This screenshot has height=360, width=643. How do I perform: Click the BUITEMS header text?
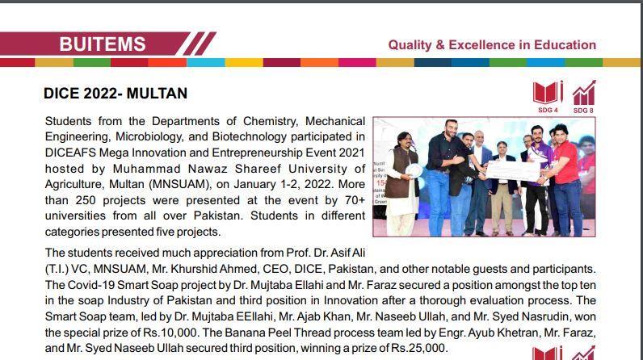point(103,44)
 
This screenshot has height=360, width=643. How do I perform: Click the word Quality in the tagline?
point(410,45)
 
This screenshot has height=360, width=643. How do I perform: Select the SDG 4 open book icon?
point(548,93)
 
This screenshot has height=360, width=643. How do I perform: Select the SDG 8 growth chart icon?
point(583,93)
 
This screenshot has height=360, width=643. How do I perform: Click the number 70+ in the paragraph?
point(350,199)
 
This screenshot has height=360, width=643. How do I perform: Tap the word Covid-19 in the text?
point(93,284)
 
